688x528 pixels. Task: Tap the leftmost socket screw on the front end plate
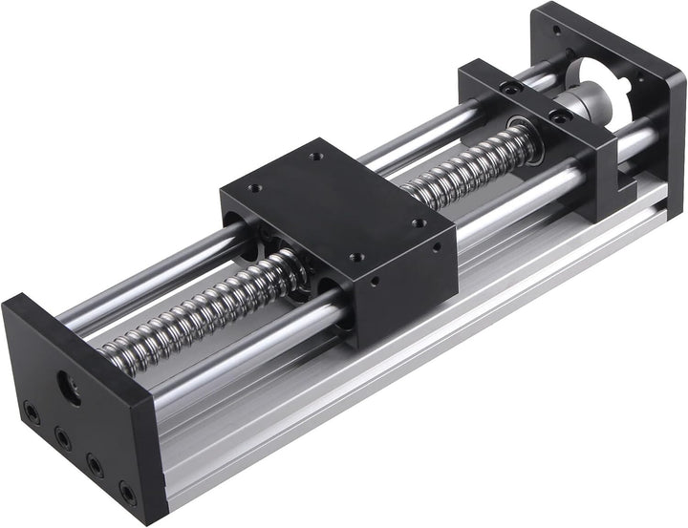click(32, 415)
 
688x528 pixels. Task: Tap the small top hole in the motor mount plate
click(570, 48)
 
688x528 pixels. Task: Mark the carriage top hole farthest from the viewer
click(312, 155)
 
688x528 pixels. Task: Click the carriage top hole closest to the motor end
click(417, 222)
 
